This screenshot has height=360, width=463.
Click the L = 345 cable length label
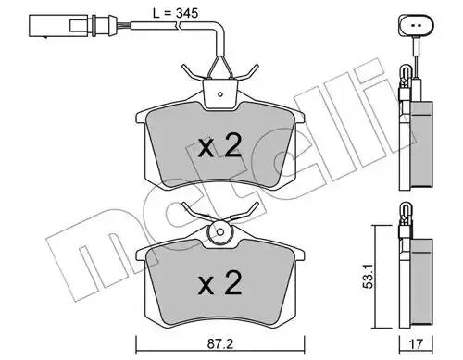(x=176, y=13)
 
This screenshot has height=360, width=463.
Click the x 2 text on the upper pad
(x=219, y=146)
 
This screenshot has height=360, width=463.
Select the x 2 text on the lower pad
(x=219, y=282)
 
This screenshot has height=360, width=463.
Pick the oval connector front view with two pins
(x=416, y=25)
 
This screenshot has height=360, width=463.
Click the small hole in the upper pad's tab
(x=220, y=94)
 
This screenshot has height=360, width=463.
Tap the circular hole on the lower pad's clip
(x=220, y=231)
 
